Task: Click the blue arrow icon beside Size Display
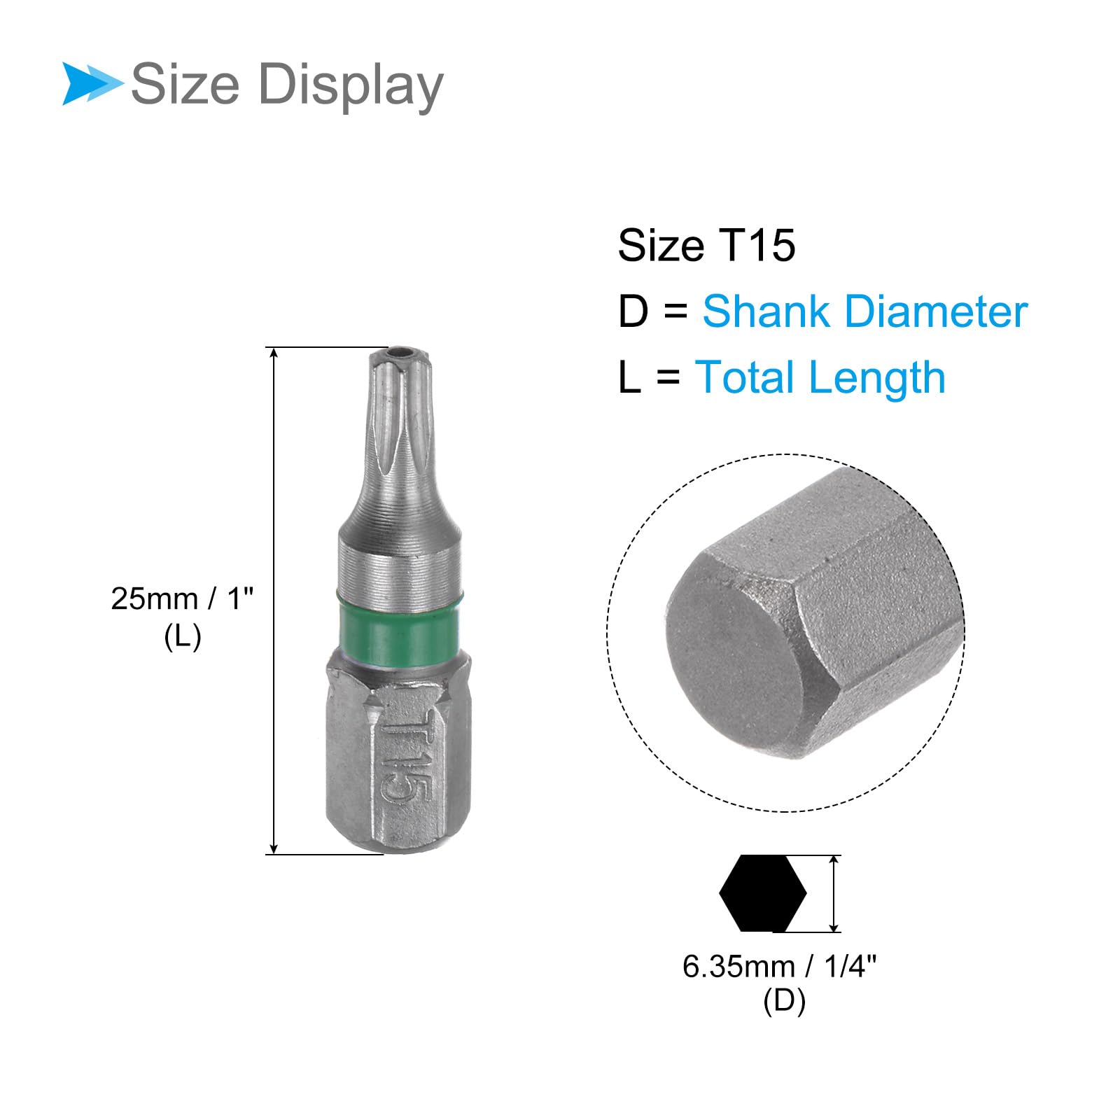click(x=91, y=84)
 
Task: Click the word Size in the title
click(x=185, y=84)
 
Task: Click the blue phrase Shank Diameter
click(x=865, y=311)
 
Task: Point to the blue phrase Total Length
click(x=820, y=378)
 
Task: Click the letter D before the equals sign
click(x=633, y=311)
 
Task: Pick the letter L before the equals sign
click(x=629, y=378)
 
